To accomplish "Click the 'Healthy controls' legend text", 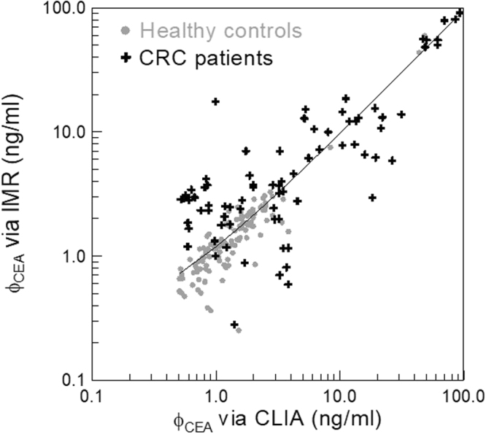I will pos(221,31).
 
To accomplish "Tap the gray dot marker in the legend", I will pos(128,31).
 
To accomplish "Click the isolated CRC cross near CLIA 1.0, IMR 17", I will pos(215,101).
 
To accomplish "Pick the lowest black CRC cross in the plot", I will pos(234,325).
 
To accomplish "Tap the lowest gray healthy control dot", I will pos(239,330).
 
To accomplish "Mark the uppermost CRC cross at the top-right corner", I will pos(460,12).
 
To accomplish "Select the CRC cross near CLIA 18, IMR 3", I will pos(372,197).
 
